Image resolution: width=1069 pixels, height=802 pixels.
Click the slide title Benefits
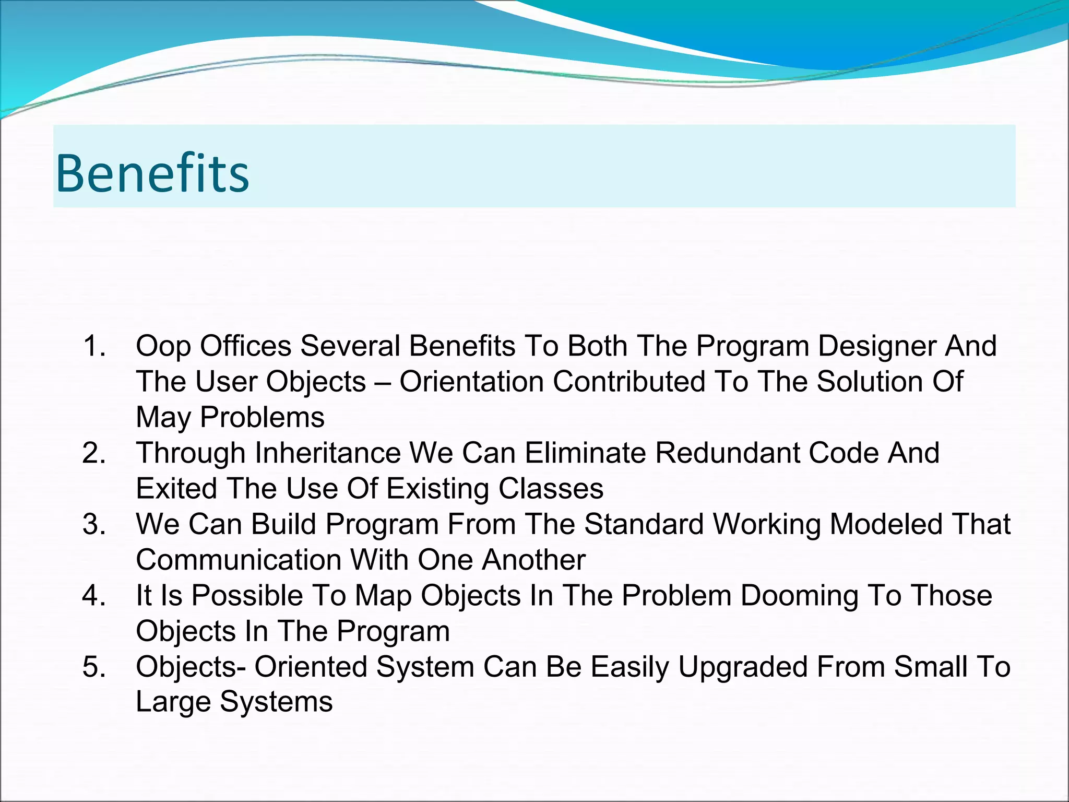click(152, 173)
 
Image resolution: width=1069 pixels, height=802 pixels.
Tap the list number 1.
click(94, 346)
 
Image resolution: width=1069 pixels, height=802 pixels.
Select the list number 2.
click(94, 453)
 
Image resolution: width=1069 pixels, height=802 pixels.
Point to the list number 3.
click(94, 524)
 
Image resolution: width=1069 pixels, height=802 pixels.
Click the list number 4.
click(94, 595)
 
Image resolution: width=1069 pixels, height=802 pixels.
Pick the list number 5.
click(94, 667)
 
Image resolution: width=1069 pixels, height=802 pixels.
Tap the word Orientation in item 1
click(471, 382)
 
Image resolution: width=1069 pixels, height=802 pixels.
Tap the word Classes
click(551, 488)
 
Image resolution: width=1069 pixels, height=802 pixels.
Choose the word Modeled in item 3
click(886, 524)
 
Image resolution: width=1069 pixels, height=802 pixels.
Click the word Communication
click(239, 560)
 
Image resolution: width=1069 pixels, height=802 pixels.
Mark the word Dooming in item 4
click(799, 596)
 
